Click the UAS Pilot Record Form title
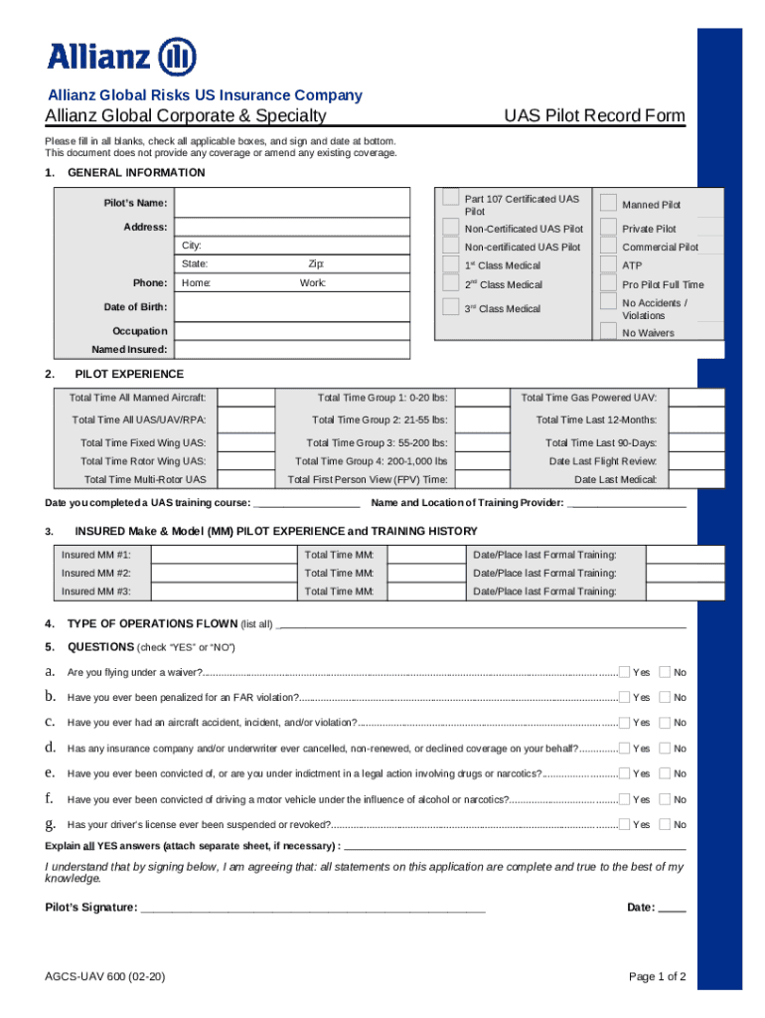[593, 115]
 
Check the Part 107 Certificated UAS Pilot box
[451, 197]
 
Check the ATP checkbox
[608, 264]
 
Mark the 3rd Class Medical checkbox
[451, 306]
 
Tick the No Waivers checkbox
[608, 331]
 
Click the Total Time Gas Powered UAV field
[699, 398]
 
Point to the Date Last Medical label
[615, 479]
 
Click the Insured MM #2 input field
[223, 573]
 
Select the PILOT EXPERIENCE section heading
[129, 374]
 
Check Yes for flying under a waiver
[625, 672]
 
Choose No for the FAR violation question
[666, 697]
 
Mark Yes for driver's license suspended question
[625, 823]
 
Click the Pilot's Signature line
[313, 908]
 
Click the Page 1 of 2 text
[657, 976]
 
